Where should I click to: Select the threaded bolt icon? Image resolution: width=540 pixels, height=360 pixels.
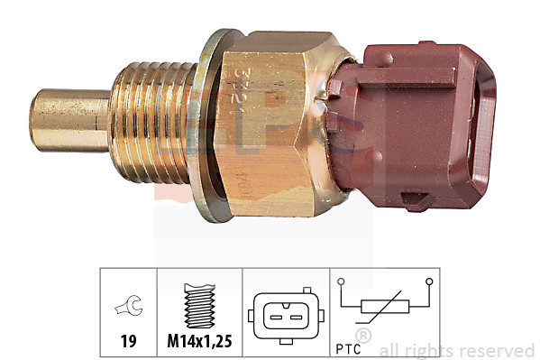[200, 307]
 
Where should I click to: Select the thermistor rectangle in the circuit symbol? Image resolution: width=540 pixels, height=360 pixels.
[385, 308]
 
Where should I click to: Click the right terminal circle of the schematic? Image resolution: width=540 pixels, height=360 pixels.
[429, 281]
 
